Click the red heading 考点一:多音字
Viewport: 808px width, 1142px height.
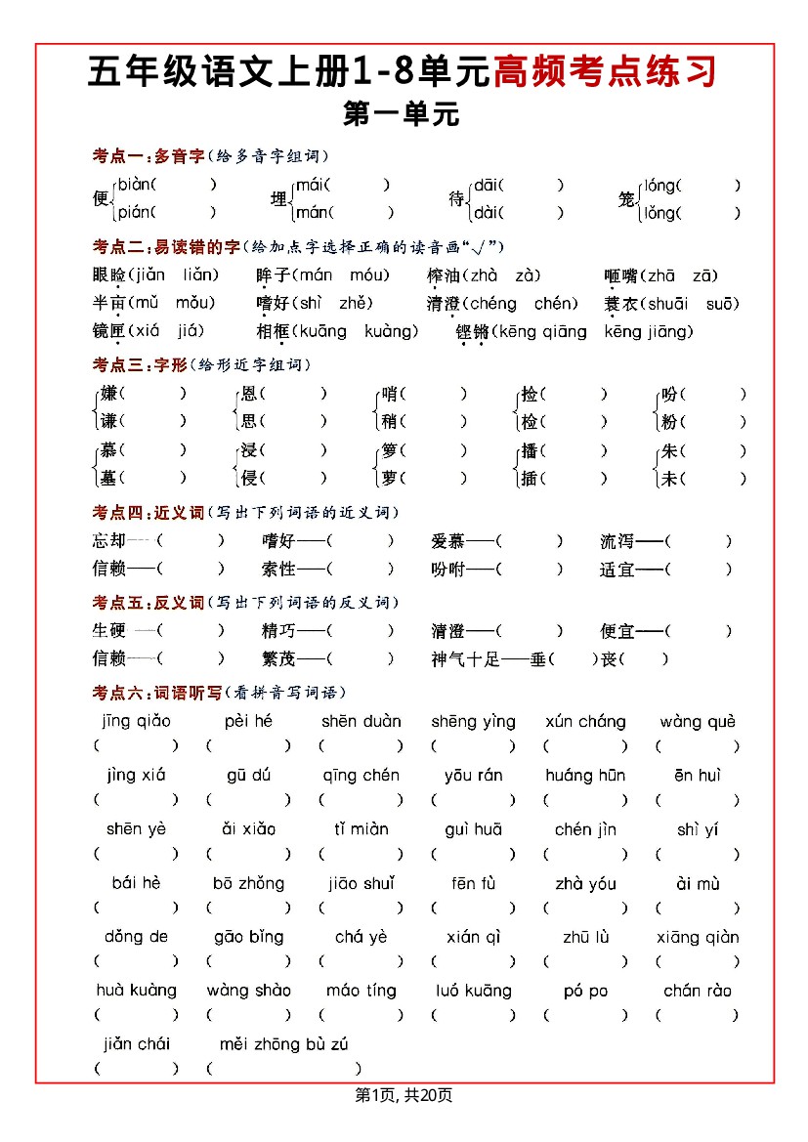point(148,156)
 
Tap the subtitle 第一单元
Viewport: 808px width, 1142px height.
point(402,114)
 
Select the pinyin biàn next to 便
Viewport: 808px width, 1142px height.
point(135,184)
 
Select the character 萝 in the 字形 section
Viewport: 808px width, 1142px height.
point(390,479)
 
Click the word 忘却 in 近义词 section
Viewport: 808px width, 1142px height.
point(109,541)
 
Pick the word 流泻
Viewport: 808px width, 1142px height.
point(617,541)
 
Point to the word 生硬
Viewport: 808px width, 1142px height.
point(109,631)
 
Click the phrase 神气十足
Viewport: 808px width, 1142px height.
point(465,659)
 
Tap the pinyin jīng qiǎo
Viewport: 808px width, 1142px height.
point(136,722)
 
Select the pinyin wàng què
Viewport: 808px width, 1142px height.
point(697,722)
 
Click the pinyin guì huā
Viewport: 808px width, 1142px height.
point(473,829)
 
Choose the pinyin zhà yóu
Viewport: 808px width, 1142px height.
point(585,884)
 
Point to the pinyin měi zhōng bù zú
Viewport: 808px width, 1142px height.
point(283,1044)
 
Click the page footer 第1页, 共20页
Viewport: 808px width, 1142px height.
point(404,1096)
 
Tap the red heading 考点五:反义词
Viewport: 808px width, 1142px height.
point(148,603)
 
